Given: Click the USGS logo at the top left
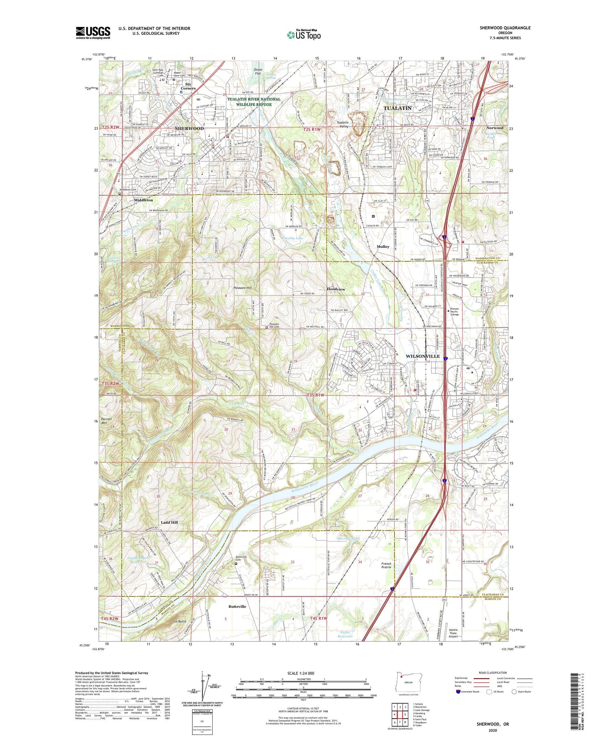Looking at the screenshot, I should pyautogui.click(x=93, y=33).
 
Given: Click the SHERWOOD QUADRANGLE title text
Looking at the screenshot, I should pyautogui.click(x=499, y=28).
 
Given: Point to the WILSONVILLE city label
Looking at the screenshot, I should pyautogui.click(x=422, y=356).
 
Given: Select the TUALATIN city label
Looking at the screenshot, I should pyautogui.click(x=398, y=108).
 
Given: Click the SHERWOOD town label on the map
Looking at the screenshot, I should pyautogui.click(x=189, y=128).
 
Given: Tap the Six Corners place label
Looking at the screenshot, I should pyautogui.click(x=188, y=86).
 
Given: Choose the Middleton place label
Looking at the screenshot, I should pyautogui.click(x=143, y=200).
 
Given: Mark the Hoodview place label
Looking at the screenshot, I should pyautogui.click(x=336, y=289).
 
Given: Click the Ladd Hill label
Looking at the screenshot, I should pyautogui.click(x=169, y=522).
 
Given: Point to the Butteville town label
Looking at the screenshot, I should pyautogui.click(x=237, y=607).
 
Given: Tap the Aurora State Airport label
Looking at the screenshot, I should pyautogui.click(x=453, y=633).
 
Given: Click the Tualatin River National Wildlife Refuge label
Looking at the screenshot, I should pyautogui.click(x=254, y=101).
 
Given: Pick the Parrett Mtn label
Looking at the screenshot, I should pyautogui.click(x=106, y=421).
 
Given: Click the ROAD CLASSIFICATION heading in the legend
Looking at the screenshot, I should pyautogui.click(x=492, y=673).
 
